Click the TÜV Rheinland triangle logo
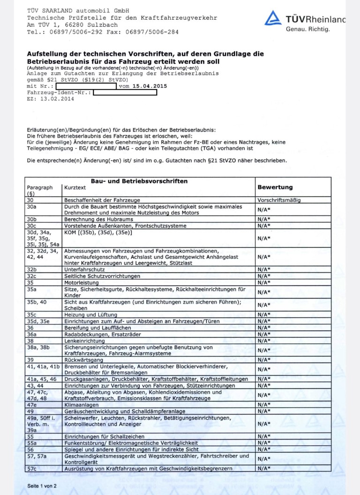[x=273, y=18]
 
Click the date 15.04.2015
[x=150, y=86]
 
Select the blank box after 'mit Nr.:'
[x=86, y=86]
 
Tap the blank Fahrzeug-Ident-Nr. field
[x=125, y=92]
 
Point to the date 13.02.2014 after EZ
[x=58, y=99]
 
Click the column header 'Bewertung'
[x=275, y=187]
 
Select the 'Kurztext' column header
[x=75, y=187]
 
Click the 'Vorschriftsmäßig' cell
[x=279, y=200]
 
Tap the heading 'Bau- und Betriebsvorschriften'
[x=139, y=181]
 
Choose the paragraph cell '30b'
[x=32, y=219]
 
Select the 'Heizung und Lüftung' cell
[x=90, y=314]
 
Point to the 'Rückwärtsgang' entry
[x=81, y=359]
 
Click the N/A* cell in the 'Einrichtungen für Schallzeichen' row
[x=264, y=436]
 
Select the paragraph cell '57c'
[x=32, y=468]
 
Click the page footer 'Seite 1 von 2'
[x=42, y=486]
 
